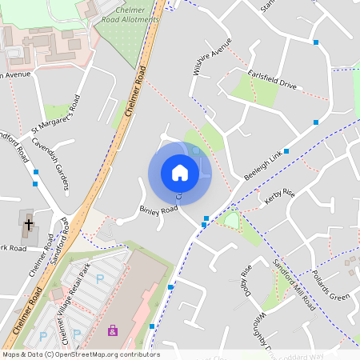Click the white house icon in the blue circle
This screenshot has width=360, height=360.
(x=179, y=173)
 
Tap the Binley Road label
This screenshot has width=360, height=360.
(x=158, y=211)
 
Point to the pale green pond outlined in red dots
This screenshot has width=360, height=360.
(x=231, y=219)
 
